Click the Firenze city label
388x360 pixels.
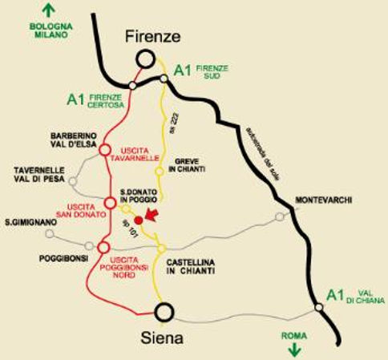click(x=152, y=36)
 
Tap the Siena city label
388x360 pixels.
click(x=165, y=338)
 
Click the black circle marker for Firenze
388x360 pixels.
click(x=145, y=59)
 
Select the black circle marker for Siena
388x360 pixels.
click(x=164, y=311)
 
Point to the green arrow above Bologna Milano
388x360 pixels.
click(x=49, y=10)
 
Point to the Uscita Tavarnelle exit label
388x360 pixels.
click(x=140, y=154)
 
